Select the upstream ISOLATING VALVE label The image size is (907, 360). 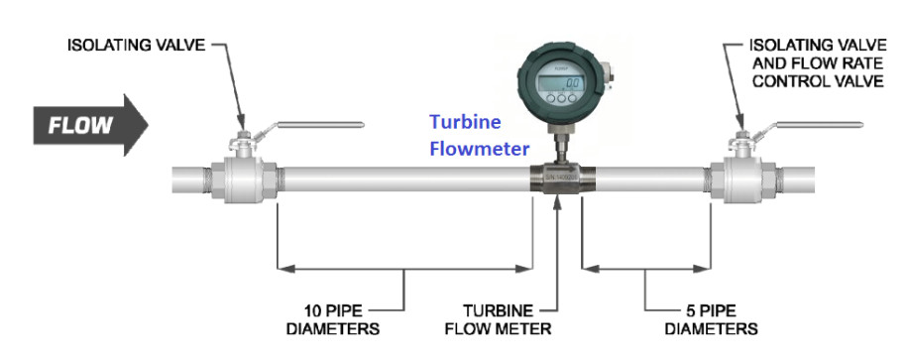[137, 46]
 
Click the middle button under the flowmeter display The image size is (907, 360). [560, 98]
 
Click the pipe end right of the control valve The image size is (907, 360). [808, 182]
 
